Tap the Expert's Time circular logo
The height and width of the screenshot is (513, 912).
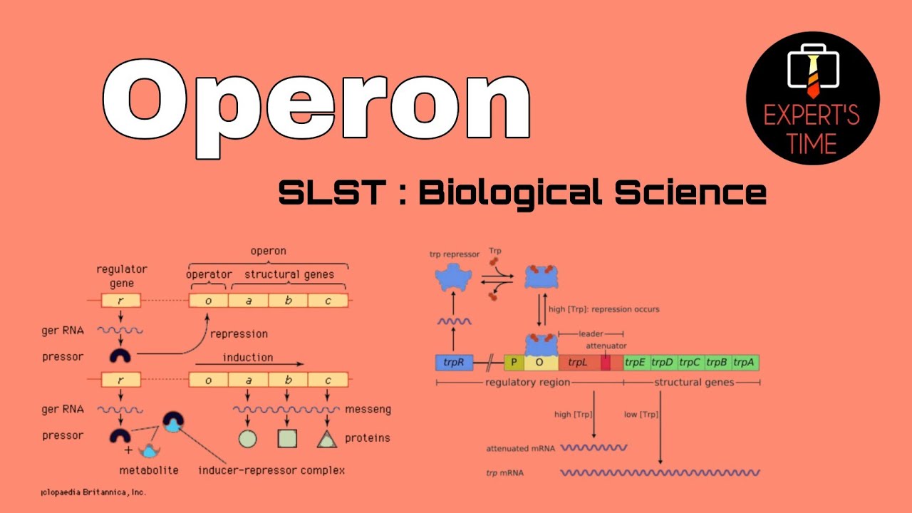[x=812, y=98]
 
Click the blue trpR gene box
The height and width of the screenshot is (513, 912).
[x=454, y=363]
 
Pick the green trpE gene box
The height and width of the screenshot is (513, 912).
[x=635, y=363]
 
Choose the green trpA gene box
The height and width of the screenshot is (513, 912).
[x=745, y=363]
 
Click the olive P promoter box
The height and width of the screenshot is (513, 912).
[x=514, y=363]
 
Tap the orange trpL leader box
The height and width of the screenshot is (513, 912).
[x=578, y=363]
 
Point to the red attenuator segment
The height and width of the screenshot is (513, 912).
[x=605, y=363]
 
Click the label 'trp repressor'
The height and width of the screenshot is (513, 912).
[x=455, y=254]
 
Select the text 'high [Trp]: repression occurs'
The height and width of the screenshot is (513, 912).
[x=604, y=309]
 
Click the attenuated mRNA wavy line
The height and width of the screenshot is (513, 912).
[x=594, y=448]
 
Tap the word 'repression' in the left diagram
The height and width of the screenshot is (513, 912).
[x=239, y=333]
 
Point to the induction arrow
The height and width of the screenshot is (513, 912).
[x=249, y=364]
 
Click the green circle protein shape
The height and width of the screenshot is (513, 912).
[x=247, y=439]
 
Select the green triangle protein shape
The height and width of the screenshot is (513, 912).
[x=327, y=440]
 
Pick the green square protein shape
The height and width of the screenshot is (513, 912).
[x=287, y=439]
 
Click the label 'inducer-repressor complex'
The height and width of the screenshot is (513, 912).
[x=271, y=470]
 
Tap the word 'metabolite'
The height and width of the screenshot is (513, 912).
[x=149, y=470]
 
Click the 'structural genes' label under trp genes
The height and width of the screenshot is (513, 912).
[x=694, y=383]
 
